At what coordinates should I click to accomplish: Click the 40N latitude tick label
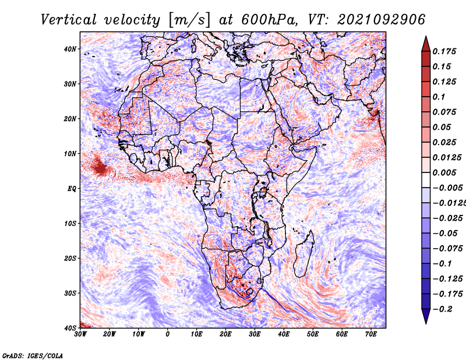(x=70, y=49)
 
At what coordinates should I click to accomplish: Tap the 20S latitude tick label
(x=70, y=258)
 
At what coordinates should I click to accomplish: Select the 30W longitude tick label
(x=80, y=334)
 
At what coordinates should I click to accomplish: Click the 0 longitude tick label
(x=168, y=334)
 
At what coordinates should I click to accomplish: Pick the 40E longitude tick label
(x=284, y=334)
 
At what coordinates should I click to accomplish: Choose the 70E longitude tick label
(x=371, y=334)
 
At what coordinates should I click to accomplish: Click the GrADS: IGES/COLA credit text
(x=33, y=354)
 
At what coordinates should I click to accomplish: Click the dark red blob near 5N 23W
(x=100, y=168)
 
